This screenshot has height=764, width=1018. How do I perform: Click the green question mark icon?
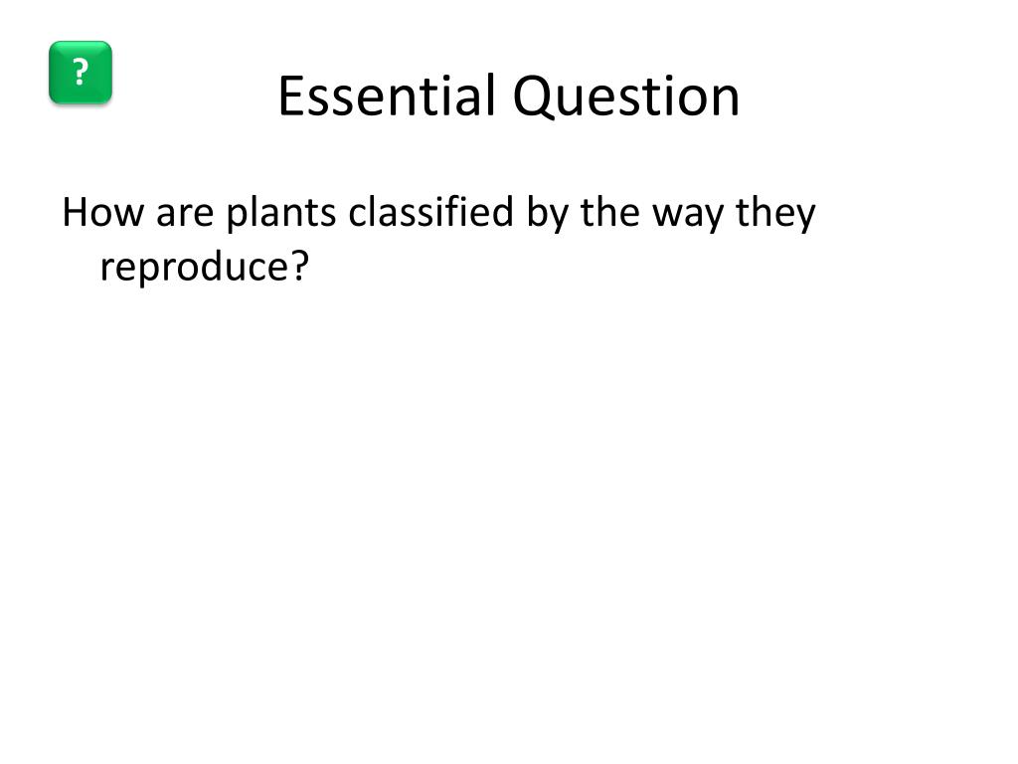point(81,73)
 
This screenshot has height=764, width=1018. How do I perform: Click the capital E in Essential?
point(288,96)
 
